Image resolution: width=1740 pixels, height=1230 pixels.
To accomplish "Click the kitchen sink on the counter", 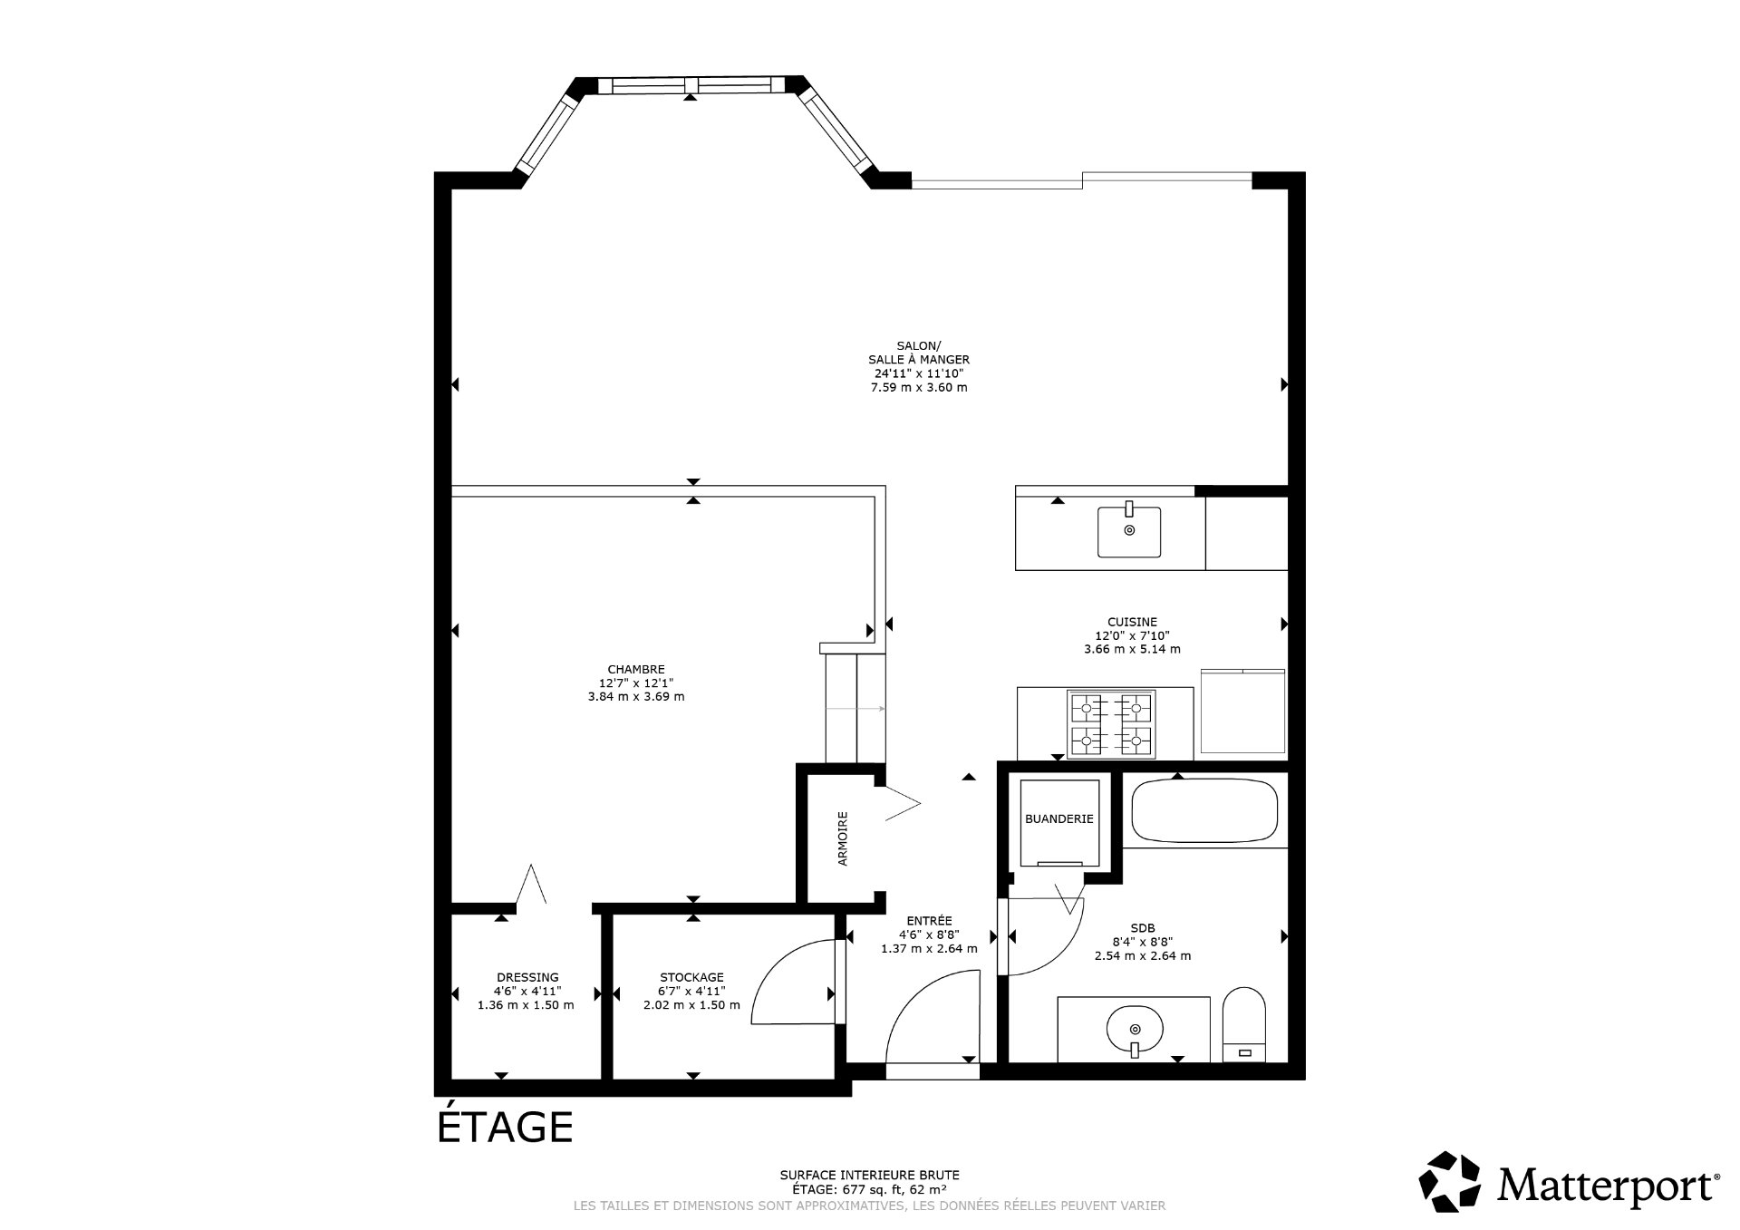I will pos(1128,531).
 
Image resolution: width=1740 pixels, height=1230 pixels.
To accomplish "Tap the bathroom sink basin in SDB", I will pos(1134,1029).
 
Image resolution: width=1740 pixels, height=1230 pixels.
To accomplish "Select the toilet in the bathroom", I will pos(1243,1024).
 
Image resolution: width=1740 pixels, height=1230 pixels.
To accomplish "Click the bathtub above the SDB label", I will pos(1204,809).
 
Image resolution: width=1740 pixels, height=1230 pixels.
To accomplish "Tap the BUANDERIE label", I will pos(1058,818).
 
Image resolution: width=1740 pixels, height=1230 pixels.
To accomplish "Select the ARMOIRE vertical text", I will pos(843,838).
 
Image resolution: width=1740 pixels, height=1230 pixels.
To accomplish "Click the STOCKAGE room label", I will pos(691,977).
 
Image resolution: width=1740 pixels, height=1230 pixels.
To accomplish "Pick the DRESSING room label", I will pos(527,977).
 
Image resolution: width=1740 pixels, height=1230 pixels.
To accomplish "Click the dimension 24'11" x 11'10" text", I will pos(918,373).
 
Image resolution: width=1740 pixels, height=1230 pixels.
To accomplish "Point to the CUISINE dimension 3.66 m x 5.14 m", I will pos(1132,649).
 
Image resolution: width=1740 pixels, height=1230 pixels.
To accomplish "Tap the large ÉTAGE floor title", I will pos(505,1127).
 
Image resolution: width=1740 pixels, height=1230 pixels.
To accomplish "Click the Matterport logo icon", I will pos(1449,1181).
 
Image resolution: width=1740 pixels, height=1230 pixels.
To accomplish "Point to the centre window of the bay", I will pos(691,85).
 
